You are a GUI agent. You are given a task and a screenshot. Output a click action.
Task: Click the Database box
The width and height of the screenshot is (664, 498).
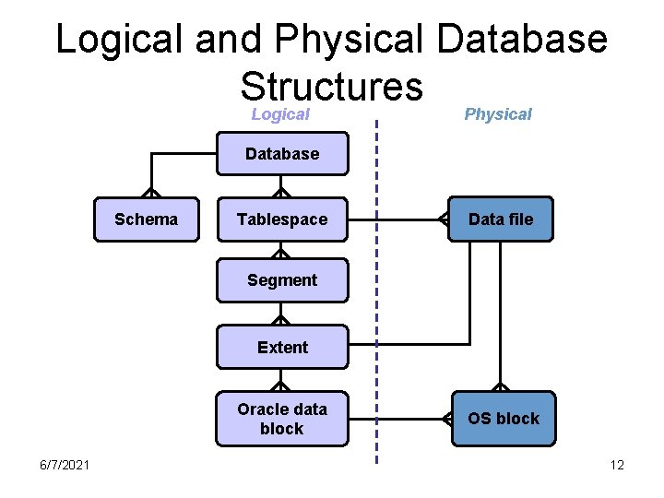click(x=282, y=154)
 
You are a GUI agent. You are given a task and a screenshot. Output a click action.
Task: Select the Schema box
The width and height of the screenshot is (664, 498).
click(x=146, y=219)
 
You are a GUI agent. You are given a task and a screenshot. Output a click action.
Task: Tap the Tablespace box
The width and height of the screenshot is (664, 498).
click(x=282, y=219)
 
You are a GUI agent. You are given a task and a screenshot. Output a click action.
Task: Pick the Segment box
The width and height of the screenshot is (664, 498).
click(x=282, y=280)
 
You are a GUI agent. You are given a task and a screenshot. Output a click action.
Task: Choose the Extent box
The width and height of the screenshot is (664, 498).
click(x=282, y=348)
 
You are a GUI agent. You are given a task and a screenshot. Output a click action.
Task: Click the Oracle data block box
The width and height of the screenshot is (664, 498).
click(x=282, y=419)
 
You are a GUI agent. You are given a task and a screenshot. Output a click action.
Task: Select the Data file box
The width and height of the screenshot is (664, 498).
click(x=501, y=219)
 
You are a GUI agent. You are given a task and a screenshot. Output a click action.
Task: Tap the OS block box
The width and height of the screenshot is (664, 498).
click(x=503, y=419)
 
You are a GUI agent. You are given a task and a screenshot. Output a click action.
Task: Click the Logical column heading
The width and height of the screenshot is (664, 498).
click(x=280, y=114)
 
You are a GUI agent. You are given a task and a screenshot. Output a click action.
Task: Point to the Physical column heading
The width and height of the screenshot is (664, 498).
click(x=498, y=114)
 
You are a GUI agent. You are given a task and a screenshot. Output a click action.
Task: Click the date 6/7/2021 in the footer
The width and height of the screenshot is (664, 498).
click(x=65, y=465)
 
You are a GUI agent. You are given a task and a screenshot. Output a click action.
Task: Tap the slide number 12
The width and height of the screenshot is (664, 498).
click(x=617, y=465)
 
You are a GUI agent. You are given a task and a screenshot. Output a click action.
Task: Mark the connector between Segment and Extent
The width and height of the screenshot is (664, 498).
click(x=282, y=314)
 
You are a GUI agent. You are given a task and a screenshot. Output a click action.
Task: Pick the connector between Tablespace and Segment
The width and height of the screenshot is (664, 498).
click(x=282, y=250)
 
